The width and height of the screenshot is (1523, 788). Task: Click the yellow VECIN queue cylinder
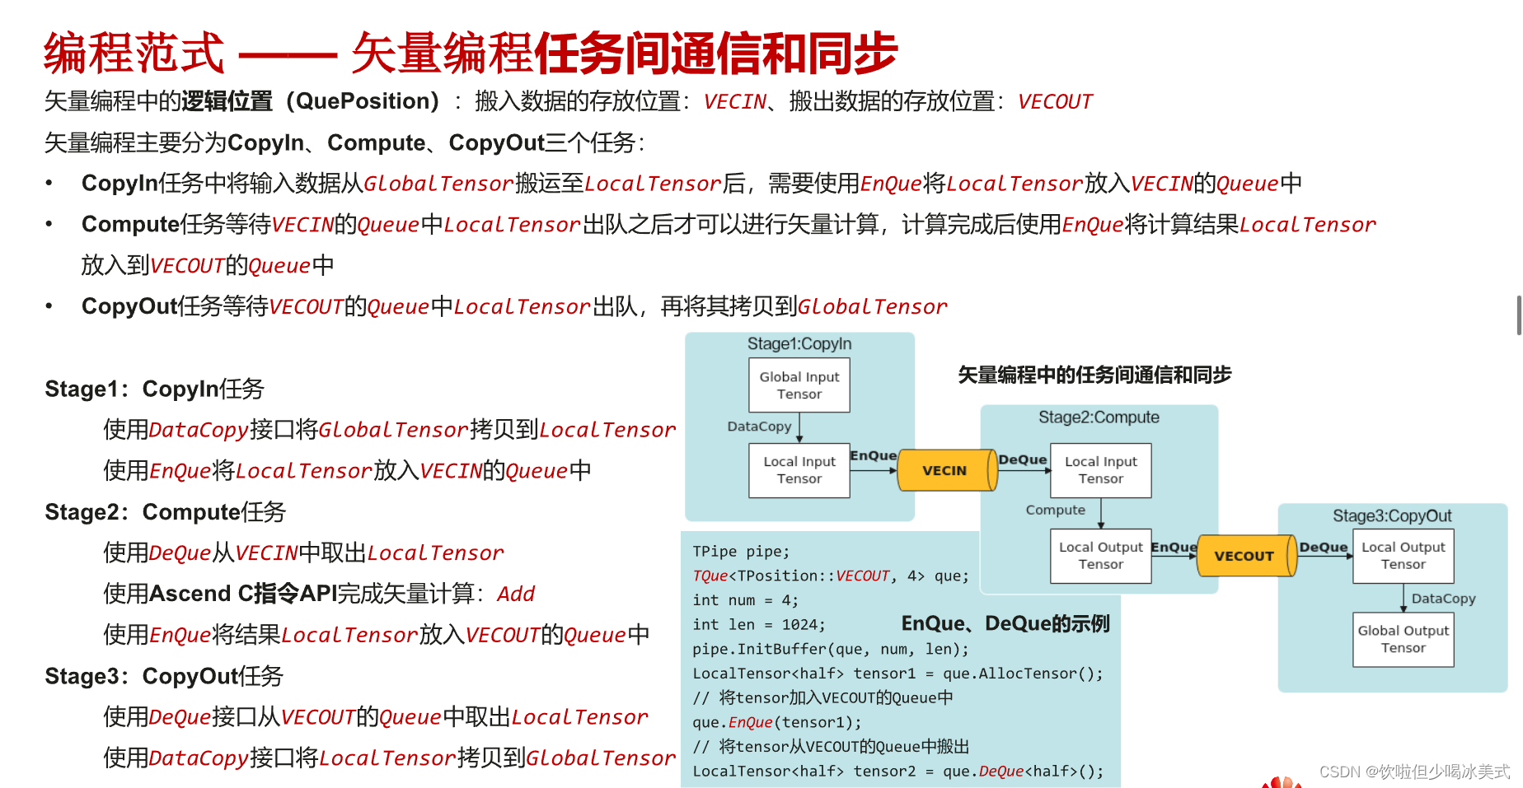(x=945, y=470)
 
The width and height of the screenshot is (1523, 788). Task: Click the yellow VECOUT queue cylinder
(x=1244, y=556)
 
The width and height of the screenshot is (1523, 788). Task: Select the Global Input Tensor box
(x=799, y=385)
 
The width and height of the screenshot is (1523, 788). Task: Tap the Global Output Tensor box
(x=1403, y=639)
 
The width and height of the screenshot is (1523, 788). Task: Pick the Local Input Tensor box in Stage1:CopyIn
(x=799, y=470)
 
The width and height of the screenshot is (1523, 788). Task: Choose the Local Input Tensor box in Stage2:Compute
(x=1100, y=470)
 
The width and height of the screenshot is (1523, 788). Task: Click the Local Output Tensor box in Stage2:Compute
(x=1100, y=556)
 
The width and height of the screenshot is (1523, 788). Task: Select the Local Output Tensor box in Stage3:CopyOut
(x=1403, y=556)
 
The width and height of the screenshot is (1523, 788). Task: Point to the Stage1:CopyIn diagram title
(x=799, y=343)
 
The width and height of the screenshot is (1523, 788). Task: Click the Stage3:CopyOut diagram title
(x=1392, y=516)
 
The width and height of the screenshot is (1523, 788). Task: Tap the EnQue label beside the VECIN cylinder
(x=873, y=455)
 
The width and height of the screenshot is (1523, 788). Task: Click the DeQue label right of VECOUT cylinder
(x=1323, y=547)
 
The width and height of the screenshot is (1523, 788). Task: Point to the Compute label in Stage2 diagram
(x=1055, y=510)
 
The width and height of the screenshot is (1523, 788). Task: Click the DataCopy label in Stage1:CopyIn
(x=759, y=427)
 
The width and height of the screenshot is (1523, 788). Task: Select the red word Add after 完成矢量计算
(x=516, y=594)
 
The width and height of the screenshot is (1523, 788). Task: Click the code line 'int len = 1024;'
(x=758, y=625)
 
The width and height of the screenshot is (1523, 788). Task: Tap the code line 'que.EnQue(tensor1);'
(x=776, y=723)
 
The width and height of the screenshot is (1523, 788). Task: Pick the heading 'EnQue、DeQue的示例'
(x=1005, y=623)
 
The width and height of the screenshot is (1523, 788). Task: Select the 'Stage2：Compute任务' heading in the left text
(x=165, y=512)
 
